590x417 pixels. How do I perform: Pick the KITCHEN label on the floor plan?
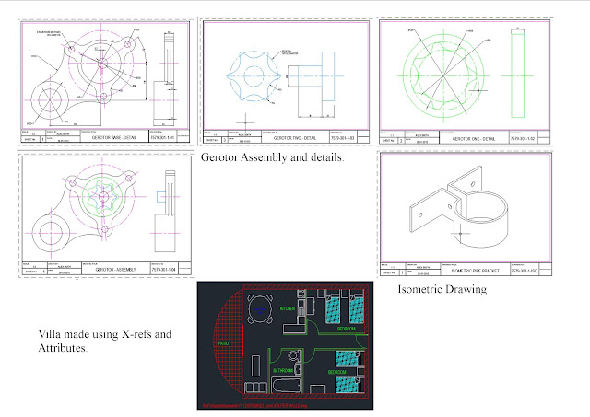(x=288, y=310)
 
